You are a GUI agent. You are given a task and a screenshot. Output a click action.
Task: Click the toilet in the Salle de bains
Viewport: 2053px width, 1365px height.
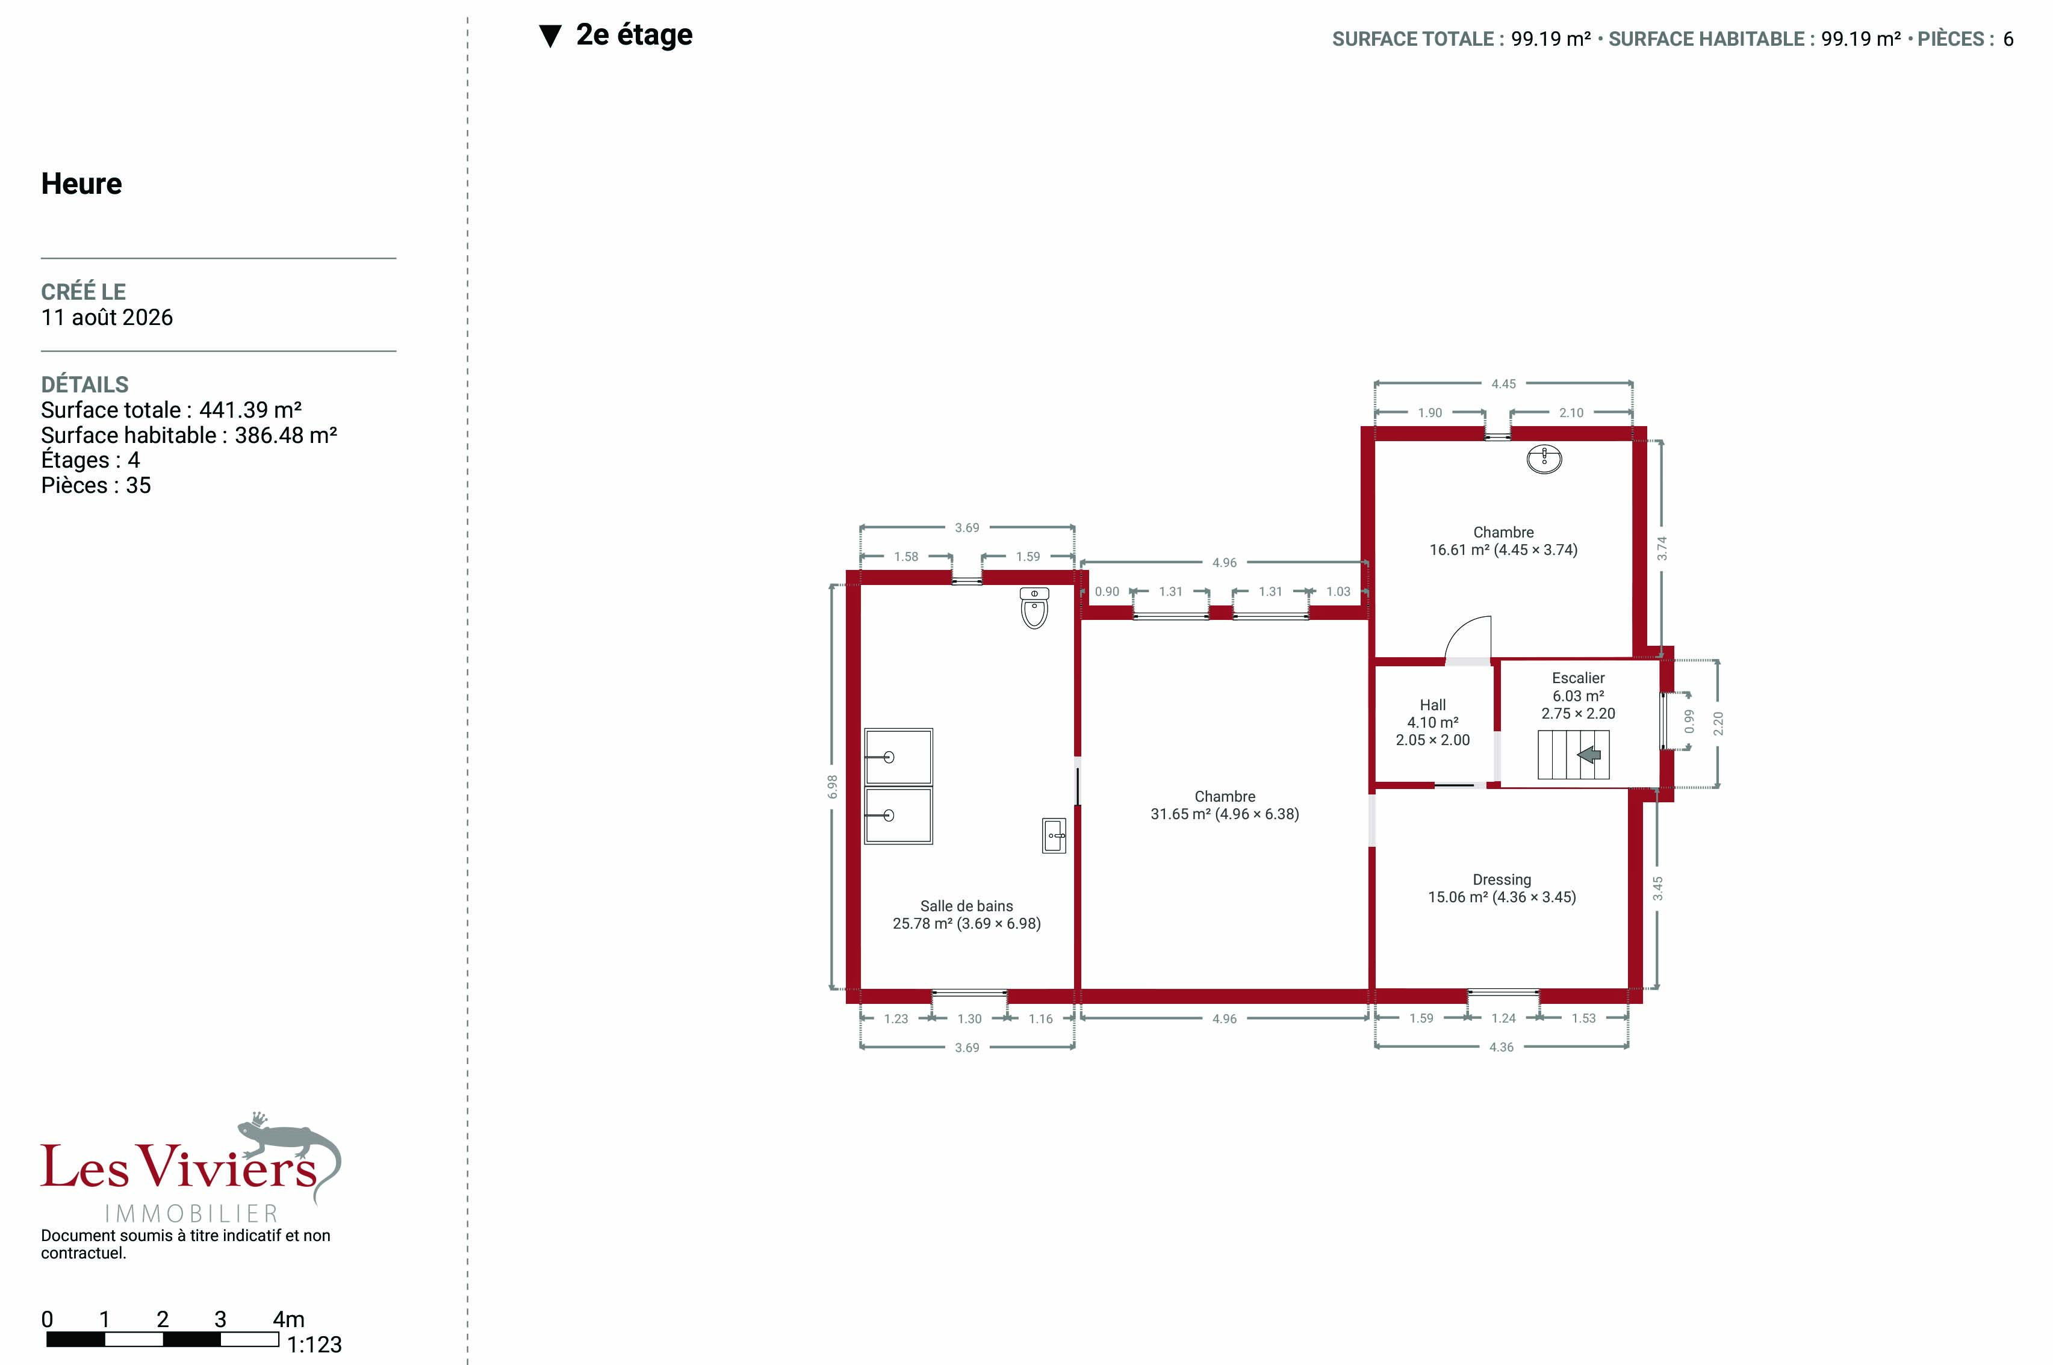point(1034,608)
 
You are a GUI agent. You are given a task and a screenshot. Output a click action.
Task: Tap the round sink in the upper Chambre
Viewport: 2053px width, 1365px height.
point(1544,458)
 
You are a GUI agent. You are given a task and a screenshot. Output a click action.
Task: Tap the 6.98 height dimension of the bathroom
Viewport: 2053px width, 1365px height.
point(833,787)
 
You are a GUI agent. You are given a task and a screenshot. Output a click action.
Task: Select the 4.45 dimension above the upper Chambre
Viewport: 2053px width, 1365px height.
point(1503,384)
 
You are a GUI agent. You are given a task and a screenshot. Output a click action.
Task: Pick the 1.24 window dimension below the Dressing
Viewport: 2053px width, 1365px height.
point(1503,1018)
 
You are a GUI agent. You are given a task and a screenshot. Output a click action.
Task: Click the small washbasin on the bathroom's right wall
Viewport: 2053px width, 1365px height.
point(1054,836)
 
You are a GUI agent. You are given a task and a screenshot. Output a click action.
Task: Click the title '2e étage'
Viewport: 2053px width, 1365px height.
point(634,35)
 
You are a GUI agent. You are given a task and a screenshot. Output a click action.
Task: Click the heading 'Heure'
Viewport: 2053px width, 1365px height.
point(82,184)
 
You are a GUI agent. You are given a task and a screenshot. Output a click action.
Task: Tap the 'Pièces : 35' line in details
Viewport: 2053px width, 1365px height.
point(96,486)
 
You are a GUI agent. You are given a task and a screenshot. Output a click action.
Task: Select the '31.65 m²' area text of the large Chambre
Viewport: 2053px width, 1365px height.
point(1180,814)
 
